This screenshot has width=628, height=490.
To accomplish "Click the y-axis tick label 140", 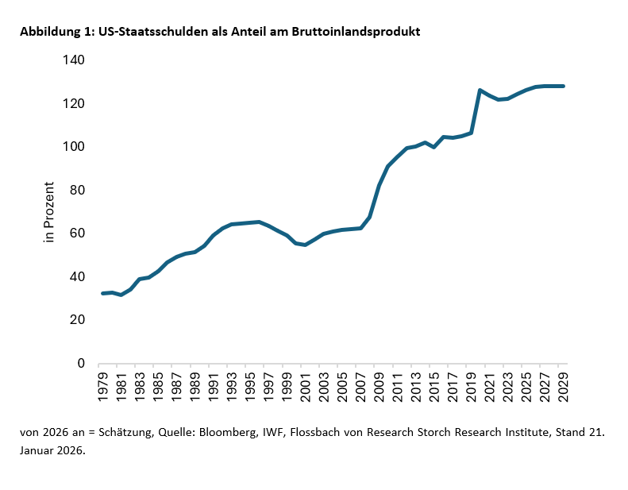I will (x=74, y=60).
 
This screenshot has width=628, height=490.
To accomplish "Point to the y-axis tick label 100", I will (x=74, y=147).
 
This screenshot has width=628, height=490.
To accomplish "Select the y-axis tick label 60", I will (x=77, y=233).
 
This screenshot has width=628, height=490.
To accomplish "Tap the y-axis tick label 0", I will (x=81, y=364).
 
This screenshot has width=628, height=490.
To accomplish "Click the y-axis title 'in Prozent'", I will (x=49, y=212).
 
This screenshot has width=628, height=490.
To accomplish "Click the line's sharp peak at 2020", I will (x=480, y=90).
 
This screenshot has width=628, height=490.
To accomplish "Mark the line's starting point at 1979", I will (x=102, y=293).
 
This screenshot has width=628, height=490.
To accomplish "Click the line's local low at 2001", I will (x=305, y=245).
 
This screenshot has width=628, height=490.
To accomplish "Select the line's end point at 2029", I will (x=563, y=86).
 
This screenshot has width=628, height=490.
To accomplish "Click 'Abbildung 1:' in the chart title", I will (x=55, y=32).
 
